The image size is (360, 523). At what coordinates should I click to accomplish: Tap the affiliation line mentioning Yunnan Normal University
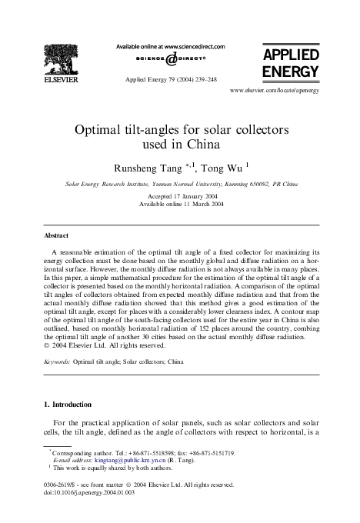[180, 184]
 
